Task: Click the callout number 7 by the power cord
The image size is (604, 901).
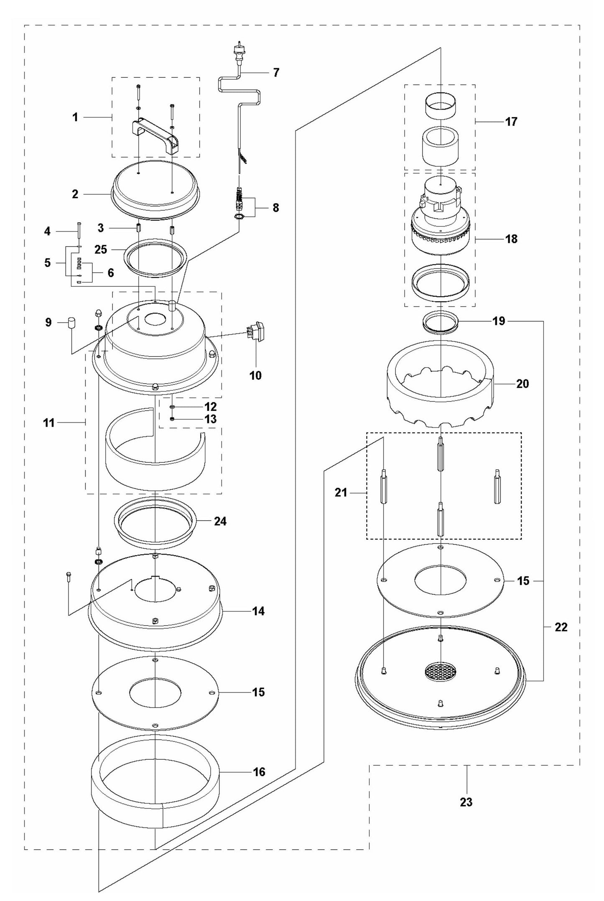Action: [x=275, y=72]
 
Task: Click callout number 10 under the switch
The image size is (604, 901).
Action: [x=255, y=375]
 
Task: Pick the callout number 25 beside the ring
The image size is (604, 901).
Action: [x=101, y=249]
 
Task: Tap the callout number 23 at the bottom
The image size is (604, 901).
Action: [x=466, y=802]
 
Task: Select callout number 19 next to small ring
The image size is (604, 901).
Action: [x=499, y=321]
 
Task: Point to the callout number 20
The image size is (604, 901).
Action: [x=522, y=383]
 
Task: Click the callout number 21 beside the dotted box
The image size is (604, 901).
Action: [x=341, y=493]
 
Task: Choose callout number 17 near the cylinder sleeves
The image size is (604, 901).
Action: [x=511, y=122]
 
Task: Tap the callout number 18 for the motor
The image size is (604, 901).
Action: [x=511, y=239]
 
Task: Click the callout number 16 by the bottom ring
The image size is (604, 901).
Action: [x=259, y=771]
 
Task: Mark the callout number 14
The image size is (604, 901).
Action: [x=258, y=611]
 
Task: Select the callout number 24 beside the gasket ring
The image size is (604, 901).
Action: [x=220, y=521]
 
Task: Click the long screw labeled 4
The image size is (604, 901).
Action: [x=79, y=234]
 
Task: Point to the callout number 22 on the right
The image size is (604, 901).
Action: [x=561, y=627]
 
